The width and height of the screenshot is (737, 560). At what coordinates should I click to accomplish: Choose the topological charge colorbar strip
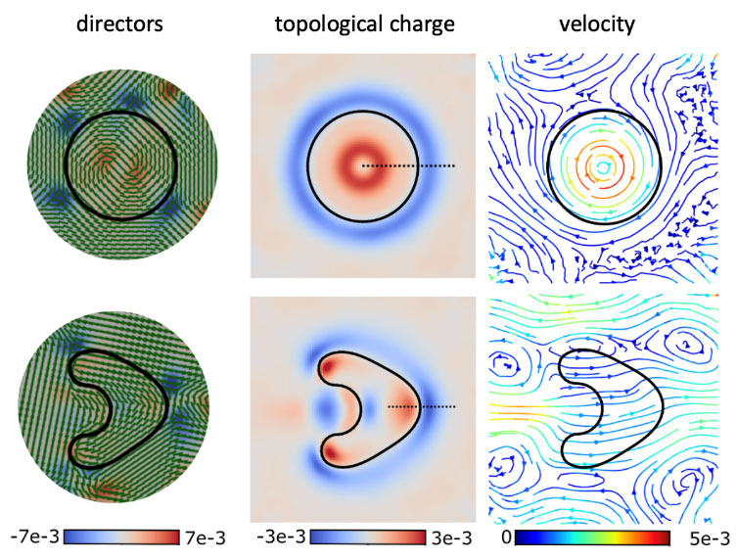pos(364,537)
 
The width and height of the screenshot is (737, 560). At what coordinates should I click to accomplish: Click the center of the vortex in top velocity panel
pos(605,167)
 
